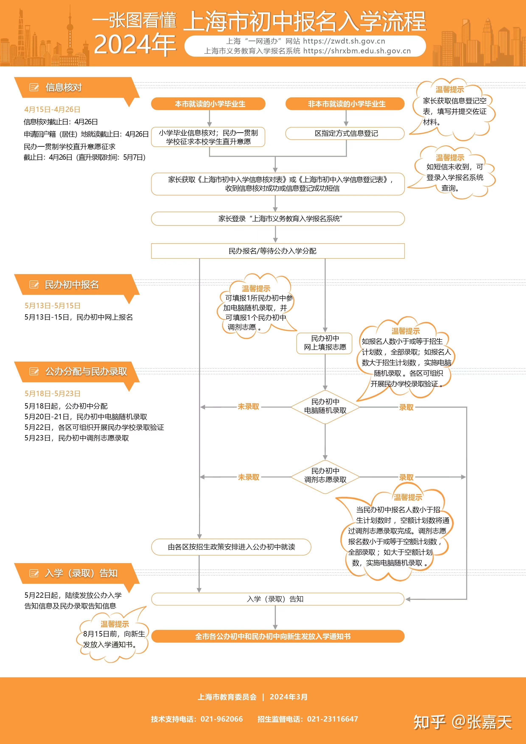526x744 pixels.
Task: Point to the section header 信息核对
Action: point(63,87)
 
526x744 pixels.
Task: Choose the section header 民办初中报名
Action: point(71,285)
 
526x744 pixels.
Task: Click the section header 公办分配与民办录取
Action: point(86,371)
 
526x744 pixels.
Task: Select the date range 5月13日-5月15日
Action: point(52,306)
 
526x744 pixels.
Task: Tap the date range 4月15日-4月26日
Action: point(52,110)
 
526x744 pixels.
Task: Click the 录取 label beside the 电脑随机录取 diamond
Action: point(406,407)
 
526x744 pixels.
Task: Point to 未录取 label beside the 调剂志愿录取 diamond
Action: point(248,477)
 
